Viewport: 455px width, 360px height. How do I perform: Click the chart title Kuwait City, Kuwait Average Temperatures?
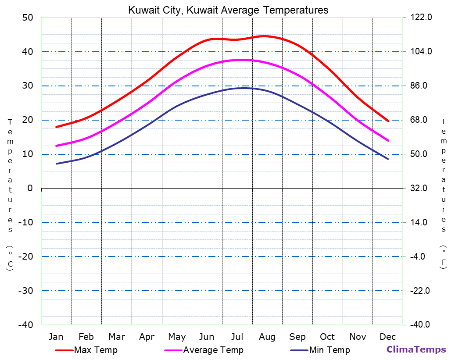(x=228, y=10)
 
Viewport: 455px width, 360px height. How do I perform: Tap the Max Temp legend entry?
(x=96, y=350)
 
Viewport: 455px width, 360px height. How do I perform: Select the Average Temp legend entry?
(x=213, y=350)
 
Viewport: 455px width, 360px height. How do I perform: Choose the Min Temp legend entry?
(x=330, y=350)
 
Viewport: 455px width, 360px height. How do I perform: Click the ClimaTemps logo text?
(x=416, y=349)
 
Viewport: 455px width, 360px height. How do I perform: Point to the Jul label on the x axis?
(x=237, y=337)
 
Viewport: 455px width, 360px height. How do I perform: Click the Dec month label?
(x=388, y=337)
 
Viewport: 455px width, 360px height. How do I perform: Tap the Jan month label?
(x=56, y=337)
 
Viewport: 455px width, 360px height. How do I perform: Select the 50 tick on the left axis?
(x=28, y=18)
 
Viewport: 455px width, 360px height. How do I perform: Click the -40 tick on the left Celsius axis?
(x=25, y=324)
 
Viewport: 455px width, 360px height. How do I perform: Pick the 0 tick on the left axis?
(x=30, y=188)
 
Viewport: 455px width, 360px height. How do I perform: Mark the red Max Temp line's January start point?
(x=56, y=127)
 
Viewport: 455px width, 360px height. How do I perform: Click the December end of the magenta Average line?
(x=388, y=140)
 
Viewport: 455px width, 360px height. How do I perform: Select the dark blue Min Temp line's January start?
(x=56, y=164)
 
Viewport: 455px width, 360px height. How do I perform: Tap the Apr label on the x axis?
(x=147, y=337)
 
